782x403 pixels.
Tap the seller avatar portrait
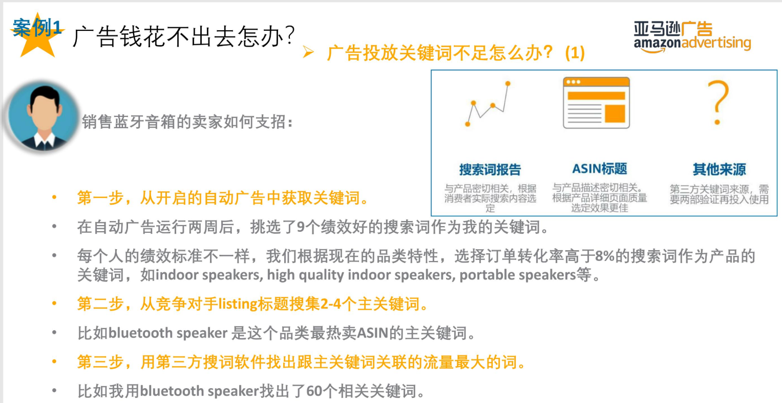(44, 117)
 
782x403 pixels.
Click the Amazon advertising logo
(692, 36)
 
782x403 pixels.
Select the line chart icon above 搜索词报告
(488, 104)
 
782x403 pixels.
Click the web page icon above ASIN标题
(596, 103)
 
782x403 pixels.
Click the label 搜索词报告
(490, 170)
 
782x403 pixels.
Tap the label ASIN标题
(599, 169)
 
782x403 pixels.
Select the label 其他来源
(719, 170)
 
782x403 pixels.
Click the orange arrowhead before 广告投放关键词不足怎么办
(308, 52)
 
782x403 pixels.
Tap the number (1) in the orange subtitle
(575, 53)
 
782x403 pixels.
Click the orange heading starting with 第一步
(223, 198)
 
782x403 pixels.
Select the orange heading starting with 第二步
(252, 304)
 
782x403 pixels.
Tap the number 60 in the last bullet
(314, 392)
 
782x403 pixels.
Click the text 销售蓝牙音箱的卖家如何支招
(187, 122)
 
